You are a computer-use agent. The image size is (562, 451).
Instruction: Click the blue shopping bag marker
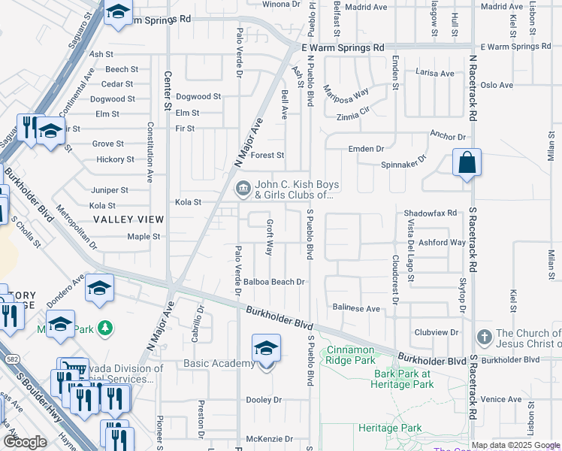click(467, 164)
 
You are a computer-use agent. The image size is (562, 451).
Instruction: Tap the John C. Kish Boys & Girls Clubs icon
click(243, 189)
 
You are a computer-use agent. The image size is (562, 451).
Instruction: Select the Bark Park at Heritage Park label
click(403, 379)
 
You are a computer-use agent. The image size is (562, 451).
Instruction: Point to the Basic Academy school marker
click(266, 351)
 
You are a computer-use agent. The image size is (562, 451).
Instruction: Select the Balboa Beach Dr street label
click(273, 282)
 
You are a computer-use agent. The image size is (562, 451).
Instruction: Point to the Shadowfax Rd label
click(431, 213)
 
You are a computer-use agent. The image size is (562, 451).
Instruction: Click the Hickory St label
click(115, 159)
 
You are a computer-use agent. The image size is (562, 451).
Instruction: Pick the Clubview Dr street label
click(436, 331)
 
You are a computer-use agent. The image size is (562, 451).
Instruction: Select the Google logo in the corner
click(25, 442)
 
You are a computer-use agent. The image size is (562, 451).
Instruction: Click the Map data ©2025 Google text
click(515, 445)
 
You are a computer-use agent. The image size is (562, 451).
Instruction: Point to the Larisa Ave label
click(435, 74)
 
